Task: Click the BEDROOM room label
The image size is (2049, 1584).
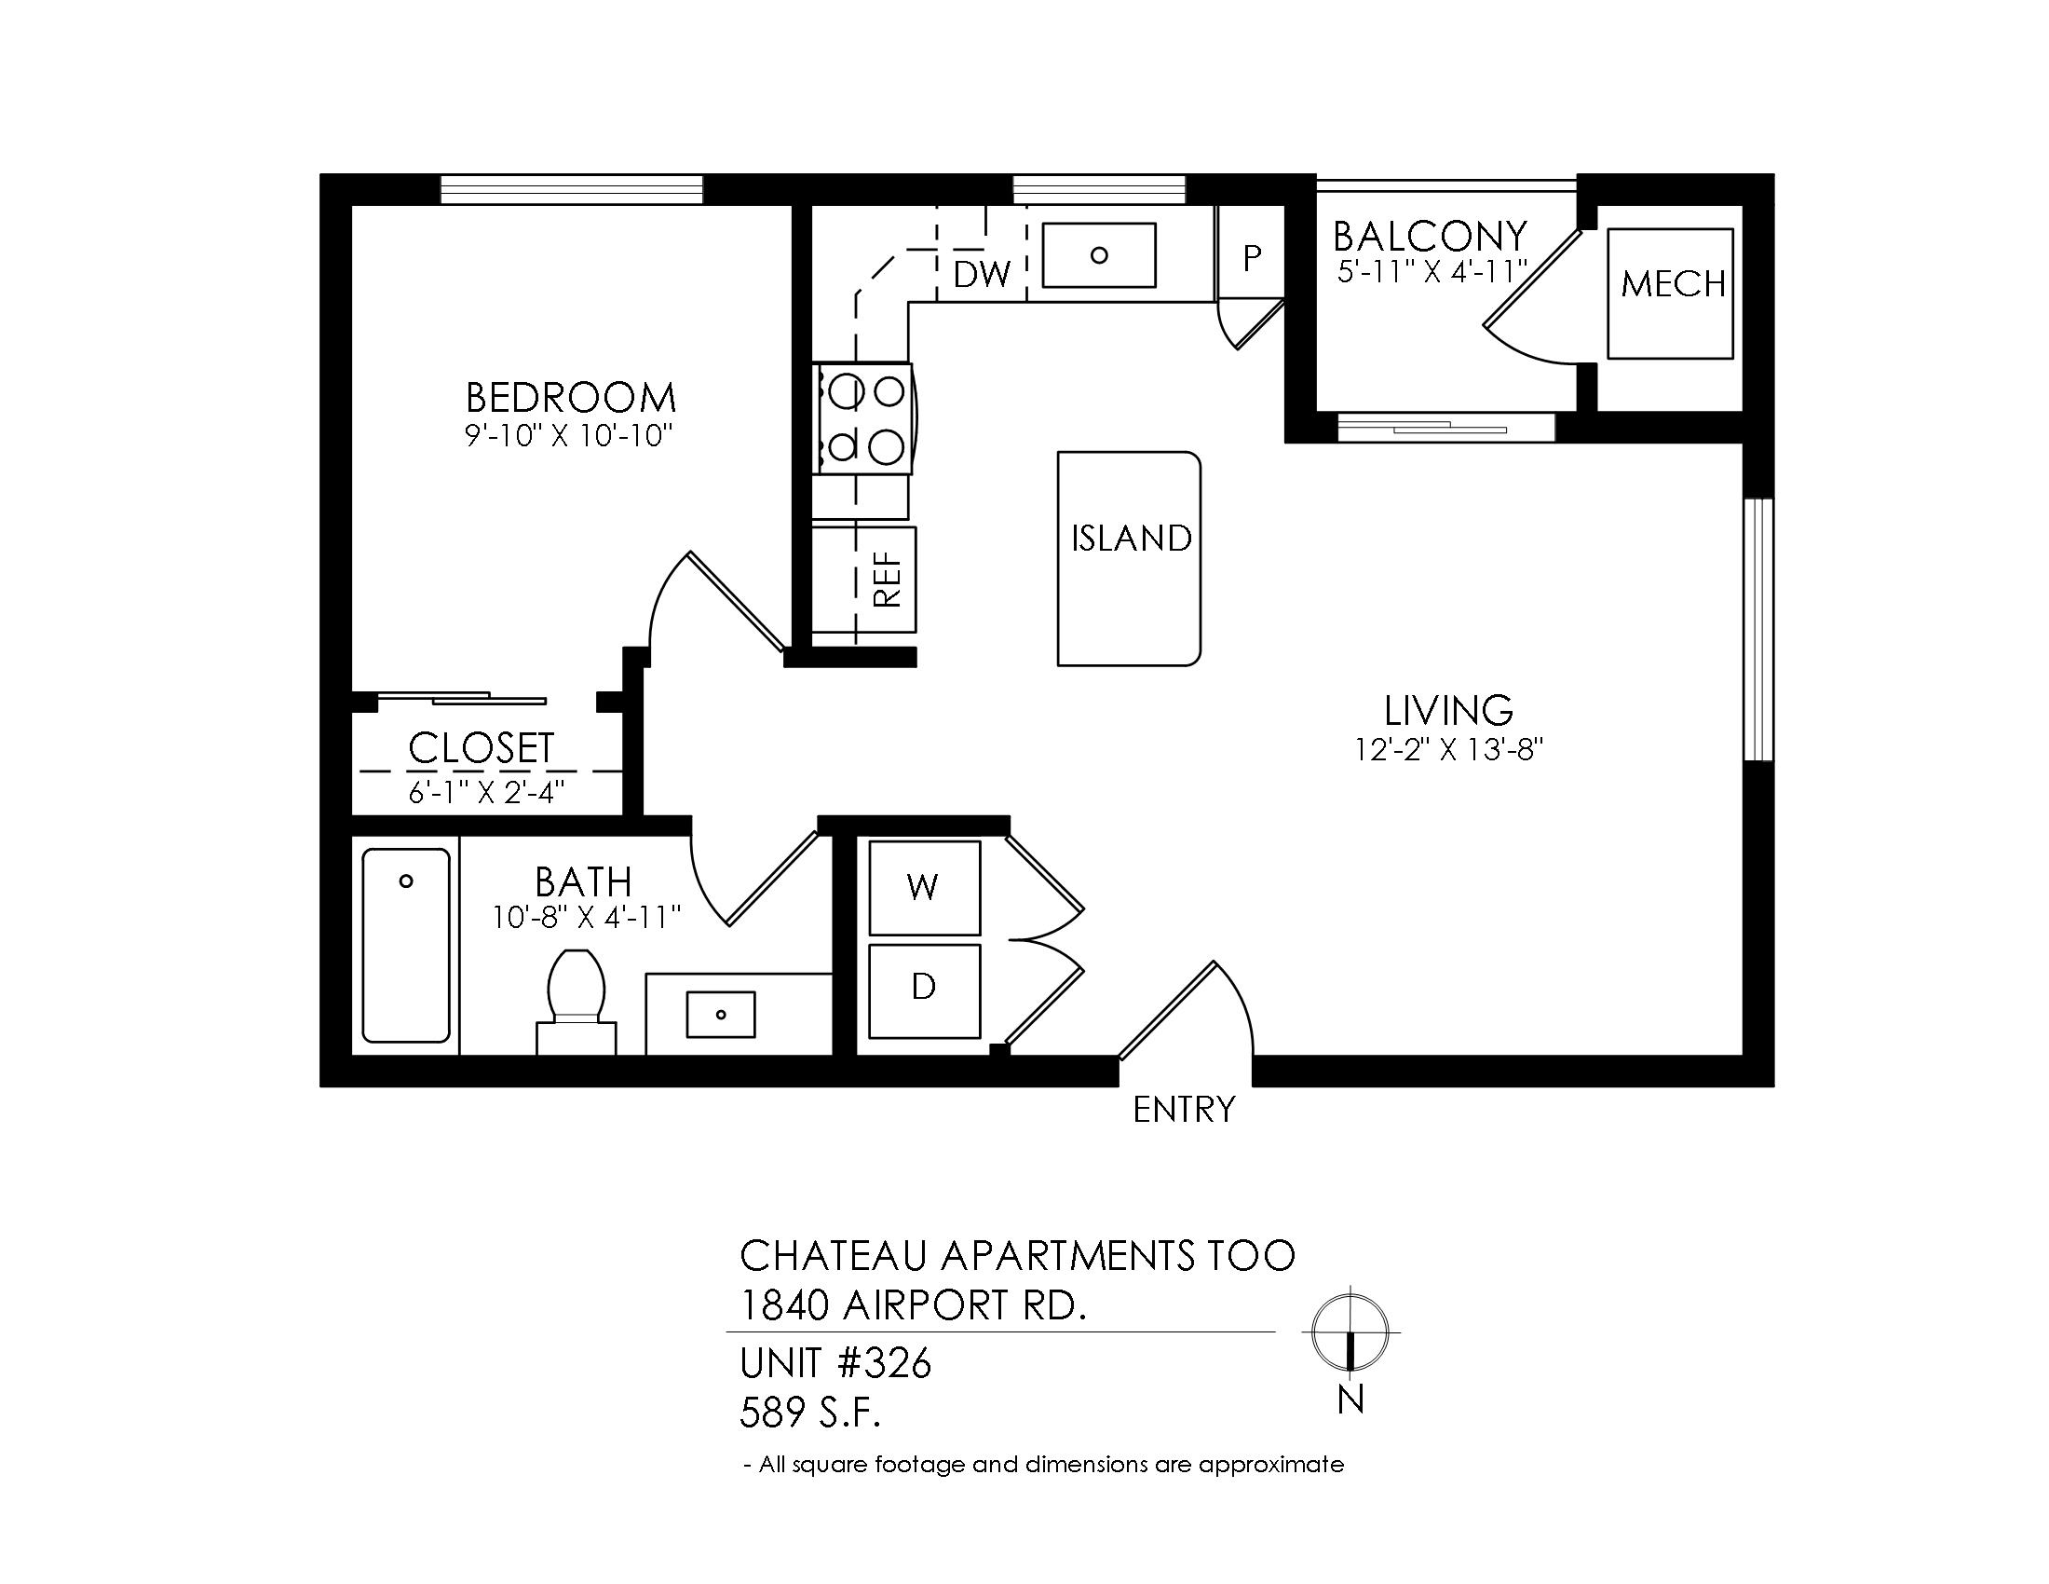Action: point(570,398)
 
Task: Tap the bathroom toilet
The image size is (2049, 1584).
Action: point(576,1001)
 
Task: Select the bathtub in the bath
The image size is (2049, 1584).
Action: point(406,945)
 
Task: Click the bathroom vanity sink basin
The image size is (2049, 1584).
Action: point(721,1015)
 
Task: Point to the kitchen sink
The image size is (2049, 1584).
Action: point(1100,254)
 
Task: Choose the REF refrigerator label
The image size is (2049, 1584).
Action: point(888,579)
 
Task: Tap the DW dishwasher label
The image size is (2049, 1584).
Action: point(983,274)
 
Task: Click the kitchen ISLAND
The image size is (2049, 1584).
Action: point(1130,559)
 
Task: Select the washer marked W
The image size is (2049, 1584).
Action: point(924,888)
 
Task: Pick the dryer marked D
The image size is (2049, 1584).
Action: point(924,991)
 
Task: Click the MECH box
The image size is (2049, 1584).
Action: point(1671,293)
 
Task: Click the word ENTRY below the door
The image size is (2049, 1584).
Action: point(1184,1110)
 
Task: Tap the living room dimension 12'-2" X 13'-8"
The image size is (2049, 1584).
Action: point(1448,750)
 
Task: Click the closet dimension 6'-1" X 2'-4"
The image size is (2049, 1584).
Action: point(486,792)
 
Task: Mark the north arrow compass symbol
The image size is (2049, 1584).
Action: point(1350,1331)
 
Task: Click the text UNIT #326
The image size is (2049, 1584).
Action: point(836,1363)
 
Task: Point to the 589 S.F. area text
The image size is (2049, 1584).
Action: point(810,1413)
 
